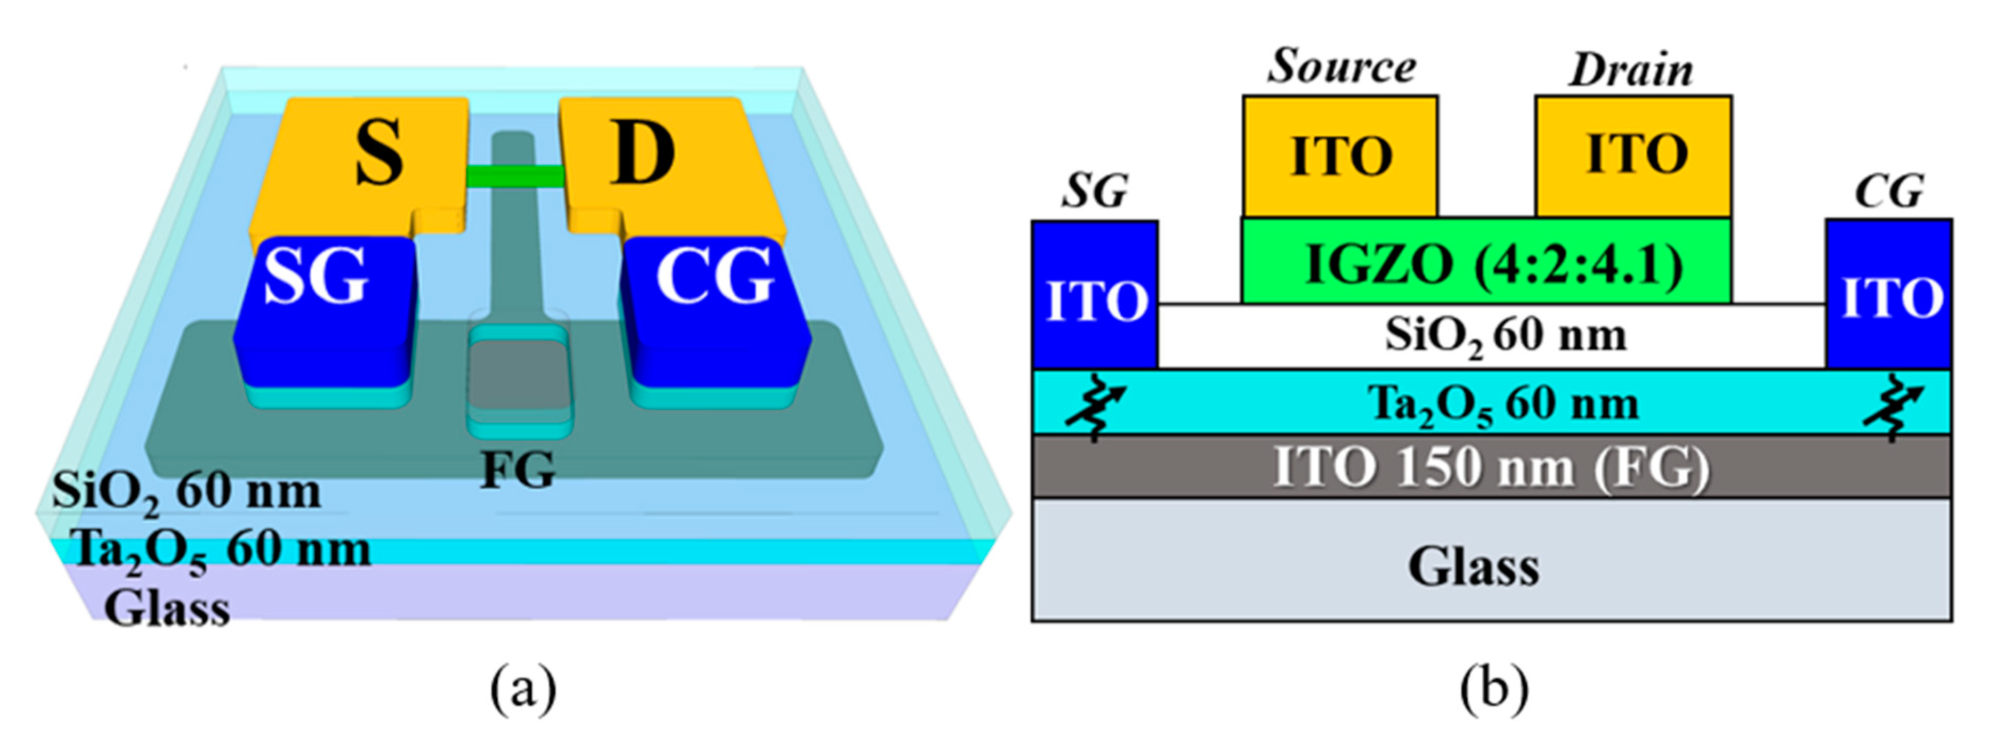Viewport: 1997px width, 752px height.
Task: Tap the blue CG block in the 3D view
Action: (713, 310)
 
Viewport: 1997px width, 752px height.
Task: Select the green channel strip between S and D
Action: (515, 177)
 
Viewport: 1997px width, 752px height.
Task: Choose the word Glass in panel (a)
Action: (167, 609)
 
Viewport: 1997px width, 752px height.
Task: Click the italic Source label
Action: (1341, 66)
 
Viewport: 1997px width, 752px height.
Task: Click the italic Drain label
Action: (1632, 70)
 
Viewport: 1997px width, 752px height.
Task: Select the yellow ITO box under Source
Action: (1340, 156)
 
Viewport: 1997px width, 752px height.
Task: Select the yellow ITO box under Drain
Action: (1634, 156)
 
